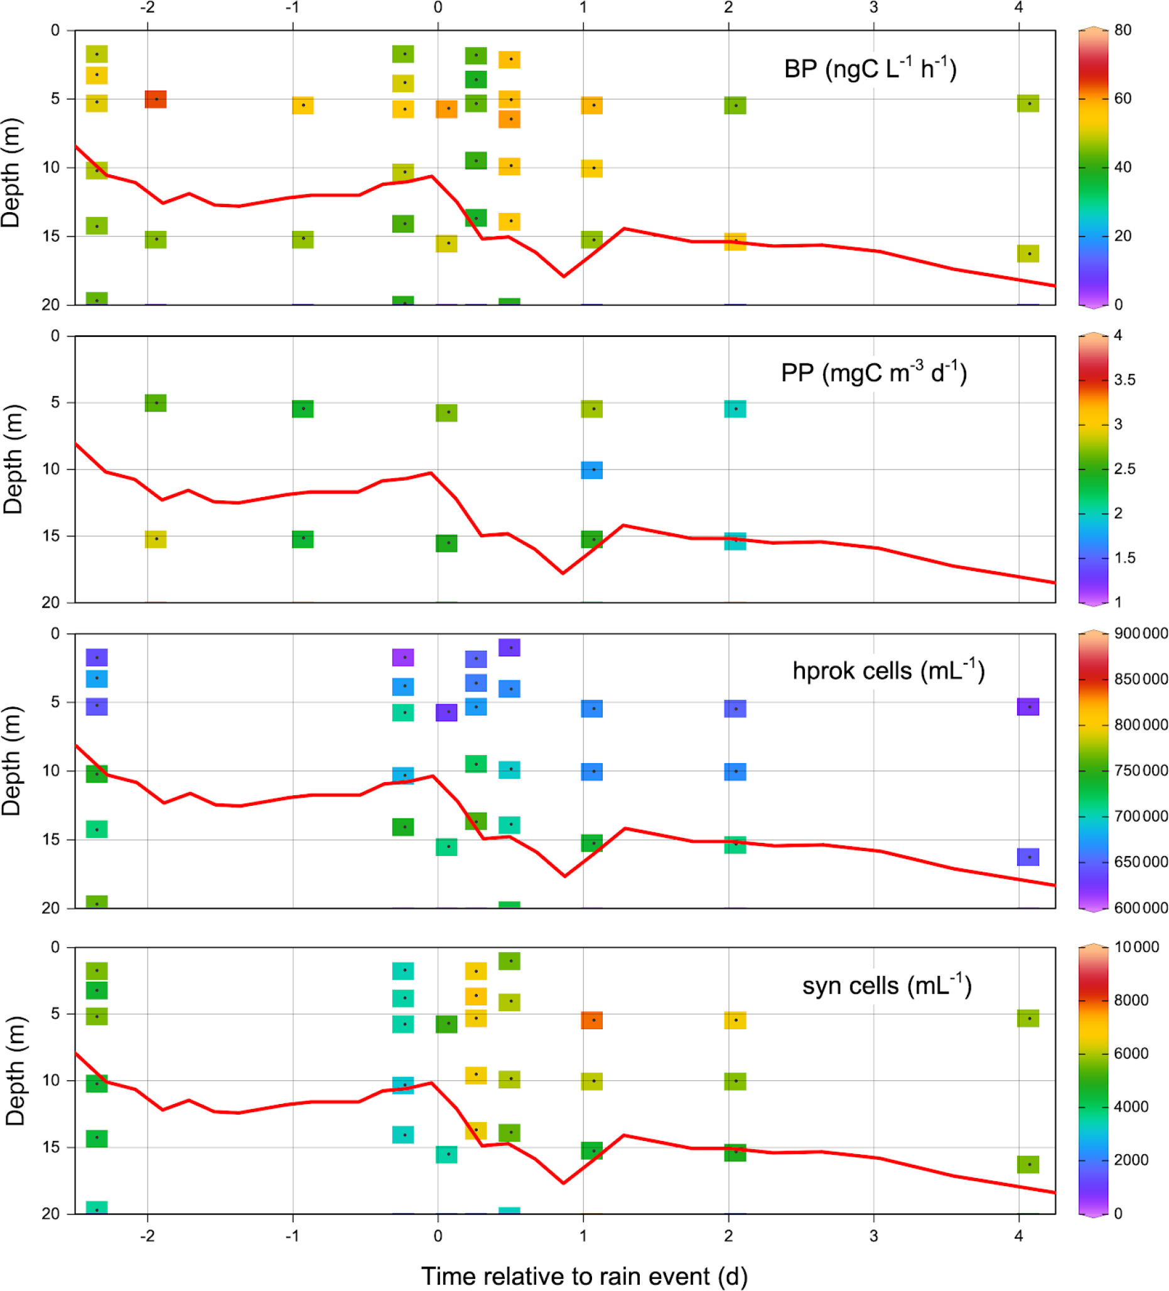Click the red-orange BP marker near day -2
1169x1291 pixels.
point(156,99)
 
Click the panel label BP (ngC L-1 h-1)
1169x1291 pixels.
point(870,68)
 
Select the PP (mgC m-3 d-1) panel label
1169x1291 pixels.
point(873,372)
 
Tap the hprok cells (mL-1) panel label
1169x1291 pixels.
point(888,670)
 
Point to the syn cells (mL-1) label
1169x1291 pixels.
point(886,985)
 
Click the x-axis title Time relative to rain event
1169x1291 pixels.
point(584,1276)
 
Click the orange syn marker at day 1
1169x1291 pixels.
point(592,1019)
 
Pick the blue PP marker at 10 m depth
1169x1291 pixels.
point(592,470)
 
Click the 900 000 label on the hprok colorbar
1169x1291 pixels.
point(1140,633)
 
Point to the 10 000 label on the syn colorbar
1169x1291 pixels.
point(1136,946)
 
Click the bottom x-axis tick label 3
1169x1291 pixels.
point(874,1235)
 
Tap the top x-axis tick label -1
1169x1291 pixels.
point(292,8)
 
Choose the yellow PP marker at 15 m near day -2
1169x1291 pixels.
point(156,539)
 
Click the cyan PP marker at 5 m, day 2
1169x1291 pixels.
point(735,409)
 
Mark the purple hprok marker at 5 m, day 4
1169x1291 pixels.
point(1028,707)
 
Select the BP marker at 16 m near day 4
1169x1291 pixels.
point(1028,254)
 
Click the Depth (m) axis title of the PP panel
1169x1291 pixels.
point(13,459)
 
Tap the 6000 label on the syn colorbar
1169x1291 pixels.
point(1131,1053)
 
